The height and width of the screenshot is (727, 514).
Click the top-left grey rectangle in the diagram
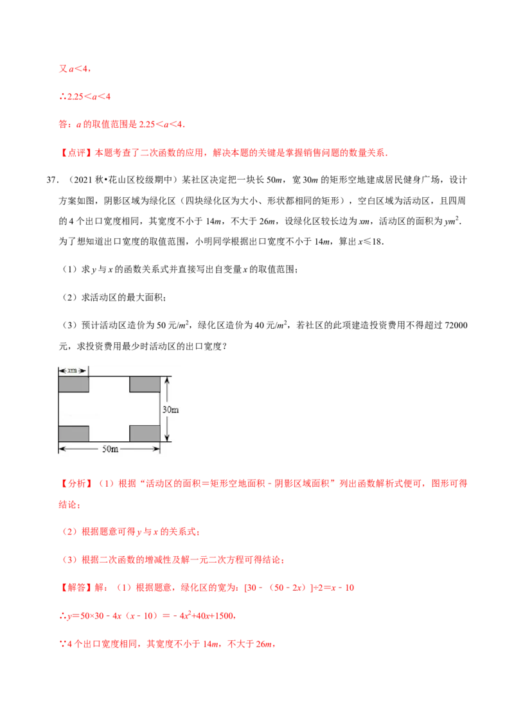pyautogui.click(x=74, y=384)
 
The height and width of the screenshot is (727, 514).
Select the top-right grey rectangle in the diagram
pyautogui.click(x=145, y=384)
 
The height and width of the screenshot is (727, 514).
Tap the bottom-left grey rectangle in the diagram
pyautogui.click(x=74, y=434)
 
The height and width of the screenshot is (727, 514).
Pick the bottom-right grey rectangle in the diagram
pyautogui.click(x=145, y=434)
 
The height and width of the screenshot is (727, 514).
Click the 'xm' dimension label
pyautogui.click(x=73, y=371)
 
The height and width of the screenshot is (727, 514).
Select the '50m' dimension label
pyautogui.click(x=110, y=449)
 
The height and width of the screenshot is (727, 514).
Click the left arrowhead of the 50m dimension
pyautogui.click(x=61, y=449)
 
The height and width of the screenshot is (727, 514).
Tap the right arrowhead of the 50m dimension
pyautogui.click(x=157, y=449)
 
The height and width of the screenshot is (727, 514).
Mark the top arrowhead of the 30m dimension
pyautogui.click(x=167, y=380)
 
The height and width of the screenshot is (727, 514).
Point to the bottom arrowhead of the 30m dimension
pyautogui.click(x=167, y=438)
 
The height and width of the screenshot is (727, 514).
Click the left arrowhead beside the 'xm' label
pyautogui.click(x=60, y=371)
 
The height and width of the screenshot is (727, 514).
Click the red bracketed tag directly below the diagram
pyautogui.click(x=76, y=483)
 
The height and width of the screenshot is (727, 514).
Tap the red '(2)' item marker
pyautogui.click(x=70, y=532)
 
